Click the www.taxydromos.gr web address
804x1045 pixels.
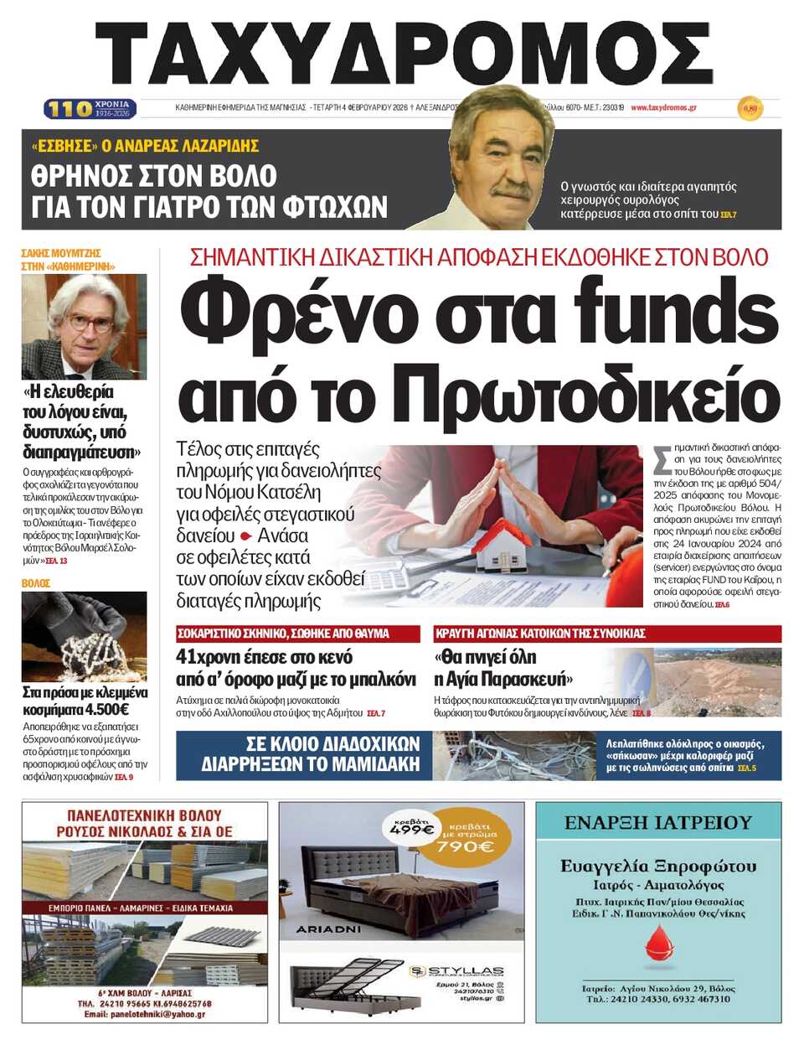tap(663, 107)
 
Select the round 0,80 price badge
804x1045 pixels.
tap(750, 108)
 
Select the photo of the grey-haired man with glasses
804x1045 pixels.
tap(84, 326)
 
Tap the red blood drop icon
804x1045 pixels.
tap(660, 945)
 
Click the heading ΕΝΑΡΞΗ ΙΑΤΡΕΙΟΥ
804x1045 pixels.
tap(658, 822)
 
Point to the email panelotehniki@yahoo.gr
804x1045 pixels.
tap(144, 1014)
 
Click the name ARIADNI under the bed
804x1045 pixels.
tap(328, 929)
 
